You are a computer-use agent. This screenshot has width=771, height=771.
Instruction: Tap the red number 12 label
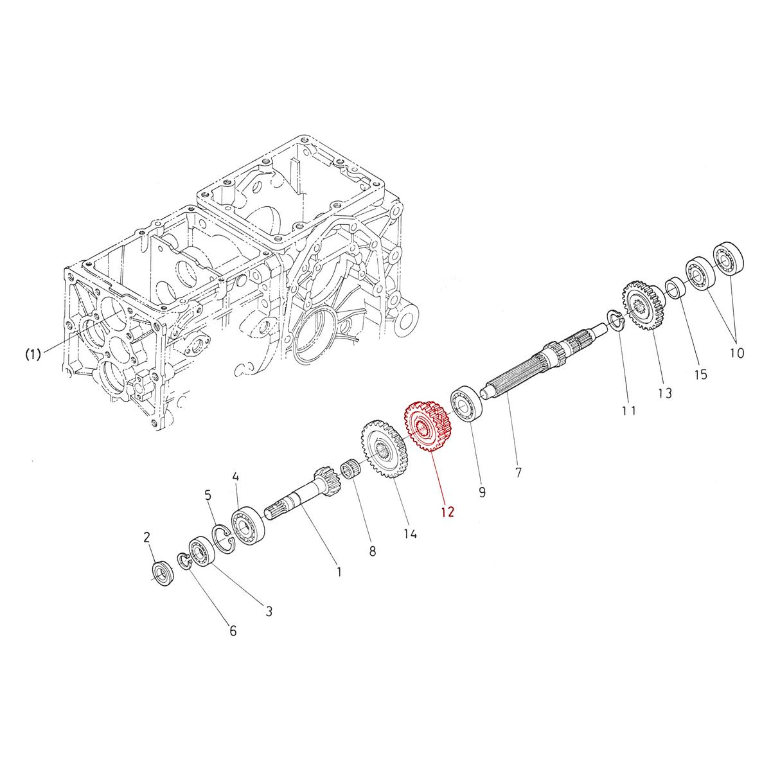point(448,512)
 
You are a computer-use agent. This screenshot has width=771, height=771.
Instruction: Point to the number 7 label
point(518,472)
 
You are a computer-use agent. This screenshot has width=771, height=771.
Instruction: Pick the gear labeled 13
point(642,307)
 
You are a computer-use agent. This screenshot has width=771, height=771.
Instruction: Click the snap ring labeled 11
point(616,320)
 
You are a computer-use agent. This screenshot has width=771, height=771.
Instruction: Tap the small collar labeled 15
point(675,287)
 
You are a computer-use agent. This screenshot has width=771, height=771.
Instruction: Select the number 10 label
point(736,353)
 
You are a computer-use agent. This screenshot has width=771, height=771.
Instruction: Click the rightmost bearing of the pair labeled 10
point(727,258)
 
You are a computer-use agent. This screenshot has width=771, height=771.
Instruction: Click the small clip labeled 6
point(183,561)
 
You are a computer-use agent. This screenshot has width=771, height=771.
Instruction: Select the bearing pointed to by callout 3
point(202,552)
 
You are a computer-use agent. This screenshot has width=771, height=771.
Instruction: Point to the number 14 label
point(410,534)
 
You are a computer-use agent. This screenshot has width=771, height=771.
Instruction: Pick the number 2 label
point(146,536)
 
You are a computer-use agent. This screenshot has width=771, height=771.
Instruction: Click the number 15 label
point(700,374)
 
